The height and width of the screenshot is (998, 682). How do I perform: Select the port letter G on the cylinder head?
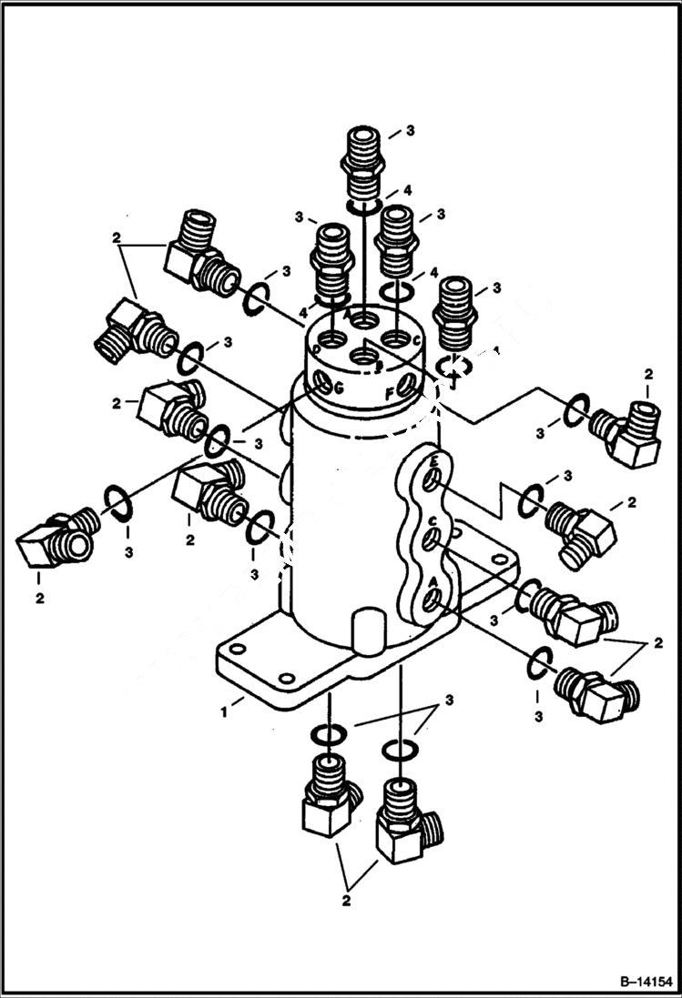point(339,388)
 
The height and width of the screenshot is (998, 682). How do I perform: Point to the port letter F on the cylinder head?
point(389,395)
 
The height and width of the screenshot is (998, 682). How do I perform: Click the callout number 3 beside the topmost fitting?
point(410,131)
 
